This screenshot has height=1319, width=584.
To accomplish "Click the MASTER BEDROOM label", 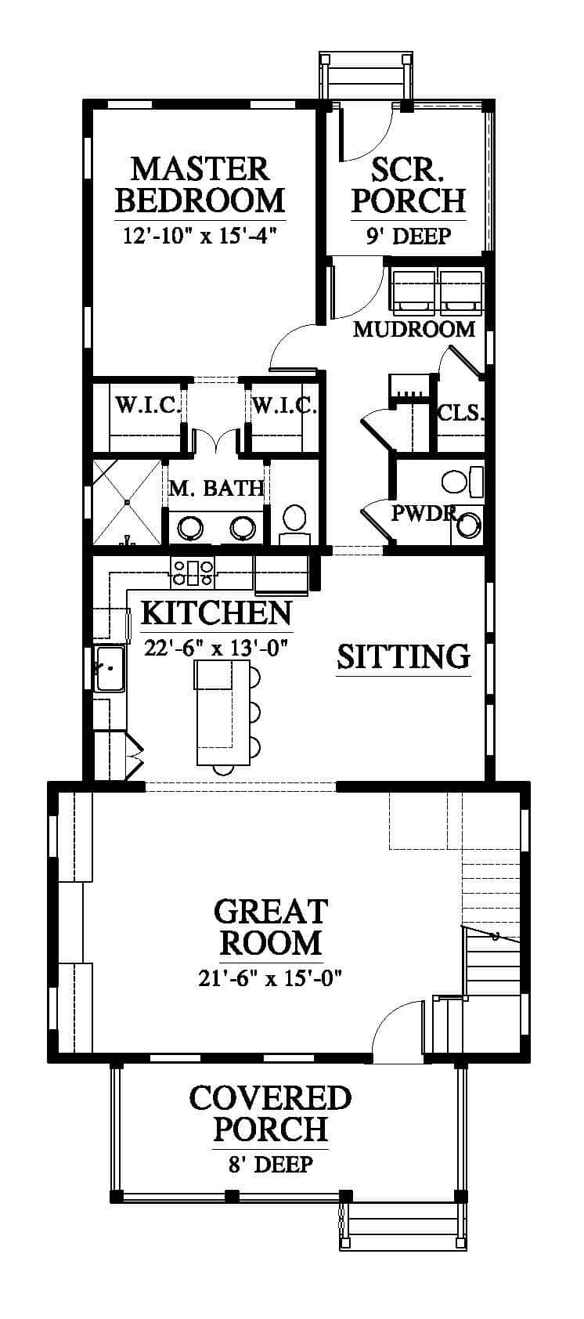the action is pos(200,184).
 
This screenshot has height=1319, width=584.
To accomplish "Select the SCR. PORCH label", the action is pos(409,185).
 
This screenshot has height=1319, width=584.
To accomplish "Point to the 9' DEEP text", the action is pos(409,236).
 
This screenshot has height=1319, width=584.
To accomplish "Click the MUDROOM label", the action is pos(414,328).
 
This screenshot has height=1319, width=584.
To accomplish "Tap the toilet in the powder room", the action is pos(462,481).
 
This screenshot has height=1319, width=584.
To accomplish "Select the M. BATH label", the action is pos(215,487).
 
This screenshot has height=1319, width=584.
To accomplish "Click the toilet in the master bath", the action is pos(294,523).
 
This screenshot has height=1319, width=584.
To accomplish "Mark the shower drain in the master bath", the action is pos(127,502).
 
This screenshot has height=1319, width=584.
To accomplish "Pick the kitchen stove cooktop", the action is pos(192,572).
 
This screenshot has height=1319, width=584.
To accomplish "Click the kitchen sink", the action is pos(110,667).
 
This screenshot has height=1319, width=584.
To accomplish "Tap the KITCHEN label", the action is pos(216,613).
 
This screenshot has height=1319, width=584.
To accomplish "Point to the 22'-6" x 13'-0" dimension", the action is pos(215,648).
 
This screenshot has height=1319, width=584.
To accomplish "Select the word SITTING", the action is pos(403,656).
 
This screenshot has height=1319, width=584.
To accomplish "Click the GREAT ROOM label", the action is pos(270,927).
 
